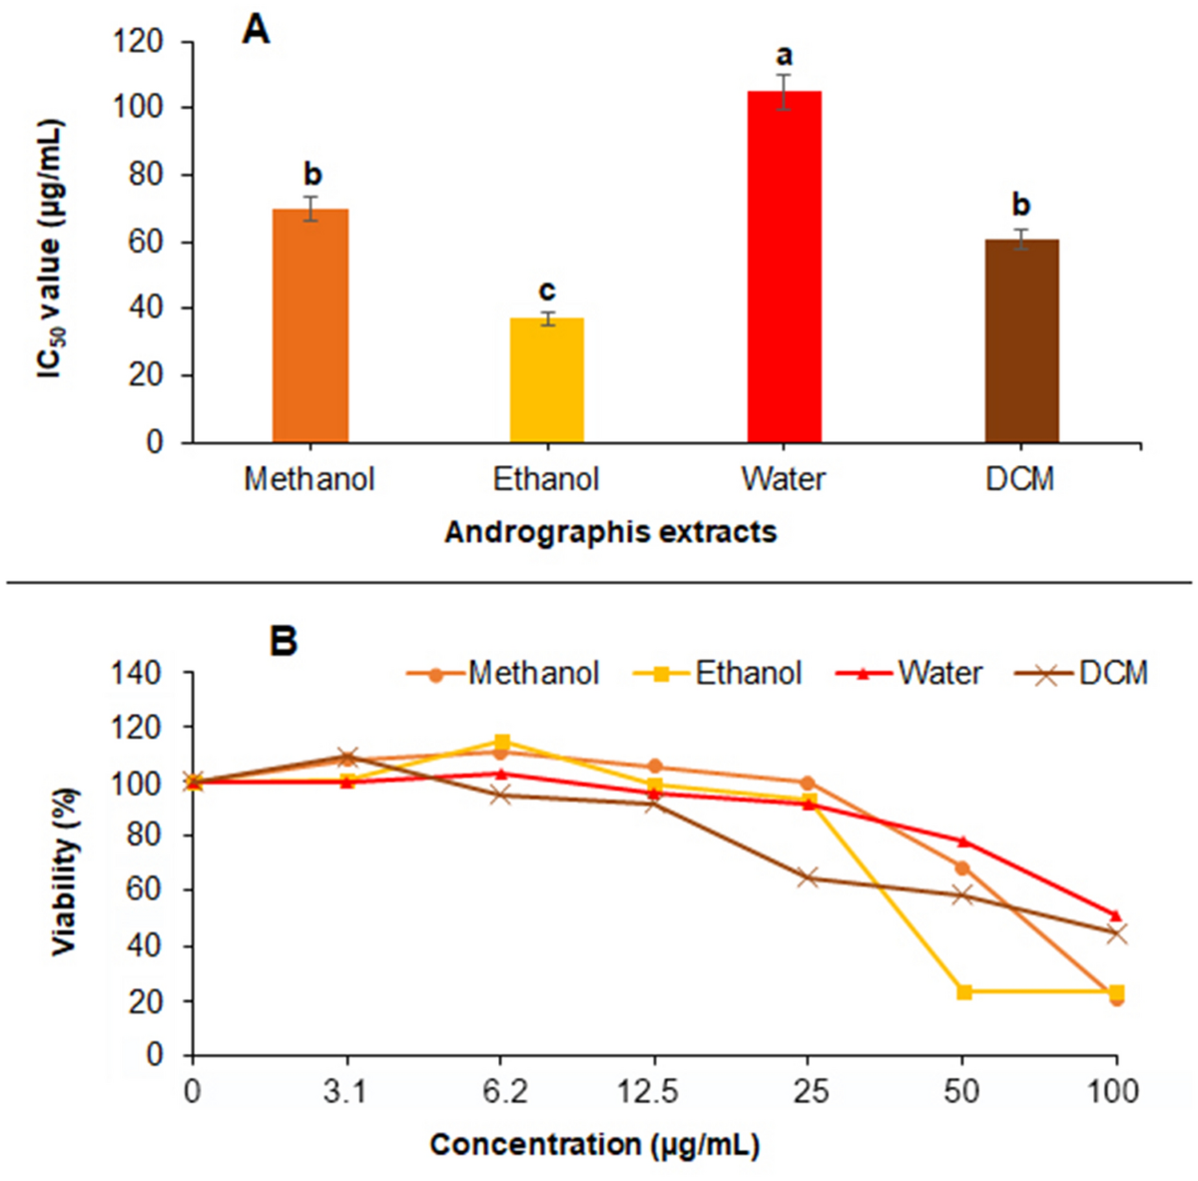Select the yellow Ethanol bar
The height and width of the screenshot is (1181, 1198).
pyautogui.click(x=546, y=380)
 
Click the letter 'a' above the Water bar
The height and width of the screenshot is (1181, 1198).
pyautogui.click(x=784, y=52)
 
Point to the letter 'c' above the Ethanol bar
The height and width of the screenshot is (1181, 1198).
pyautogui.click(x=546, y=291)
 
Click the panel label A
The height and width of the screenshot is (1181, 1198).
pyautogui.click(x=257, y=31)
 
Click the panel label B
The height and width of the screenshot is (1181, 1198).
pyautogui.click(x=284, y=640)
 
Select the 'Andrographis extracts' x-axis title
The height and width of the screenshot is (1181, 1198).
pyautogui.click(x=610, y=532)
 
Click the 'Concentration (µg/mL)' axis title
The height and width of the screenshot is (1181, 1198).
pyautogui.click(x=595, y=1144)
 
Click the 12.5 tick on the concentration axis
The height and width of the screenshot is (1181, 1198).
pyautogui.click(x=654, y=1091)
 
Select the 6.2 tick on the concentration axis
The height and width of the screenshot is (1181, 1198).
pyautogui.click(x=502, y=1091)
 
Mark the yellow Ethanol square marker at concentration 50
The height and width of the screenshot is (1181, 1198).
pyautogui.click(x=963, y=991)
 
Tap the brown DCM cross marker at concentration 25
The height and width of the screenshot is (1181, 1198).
pyautogui.click(x=809, y=878)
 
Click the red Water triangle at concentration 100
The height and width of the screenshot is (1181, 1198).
pyautogui.click(x=1116, y=914)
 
